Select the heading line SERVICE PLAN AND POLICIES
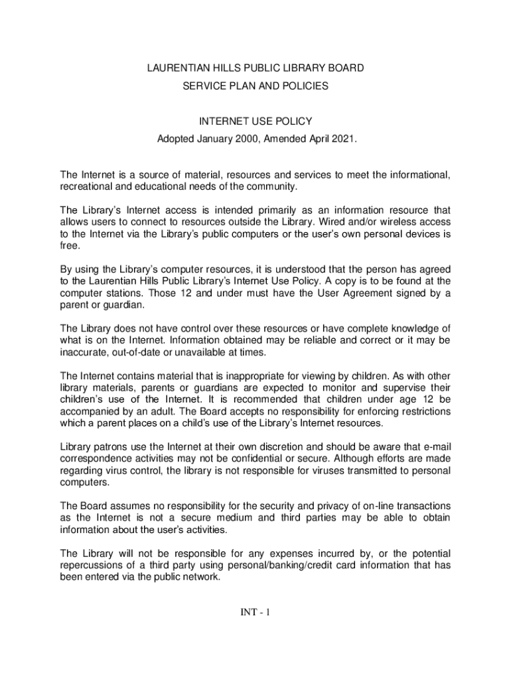[x=256, y=86]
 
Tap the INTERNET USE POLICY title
[x=256, y=122]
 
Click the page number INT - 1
[x=256, y=612]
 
